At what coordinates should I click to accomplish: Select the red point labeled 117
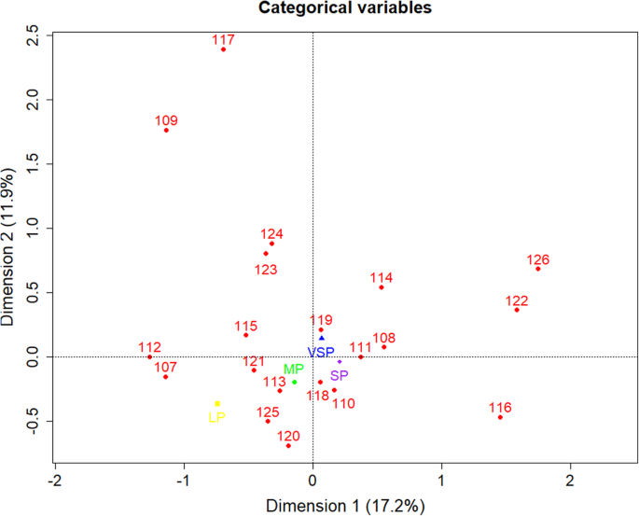pyautogui.click(x=223, y=49)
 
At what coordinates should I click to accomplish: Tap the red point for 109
pyautogui.click(x=166, y=130)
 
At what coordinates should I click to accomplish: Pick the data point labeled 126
pyautogui.click(x=538, y=269)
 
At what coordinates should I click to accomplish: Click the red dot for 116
pyautogui.click(x=500, y=417)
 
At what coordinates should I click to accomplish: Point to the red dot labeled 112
pyautogui.click(x=149, y=356)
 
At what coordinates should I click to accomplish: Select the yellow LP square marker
pyautogui.click(x=217, y=403)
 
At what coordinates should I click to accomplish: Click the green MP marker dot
pyautogui.click(x=294, y=382)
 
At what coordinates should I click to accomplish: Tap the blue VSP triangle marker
pyautogui.click(x=322, y=338)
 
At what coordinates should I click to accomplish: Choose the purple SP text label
pyautogui.click(x=340, y=375)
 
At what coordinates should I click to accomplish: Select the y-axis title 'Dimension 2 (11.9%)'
pyautogui.click(x=10, y=247)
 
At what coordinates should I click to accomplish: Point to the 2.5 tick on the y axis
pyautogui.click(x=34, y=35)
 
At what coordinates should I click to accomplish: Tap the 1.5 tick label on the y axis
pyautogui.click(x=34, y=164)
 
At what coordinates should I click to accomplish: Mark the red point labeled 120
pyautogui.click(x=288, y=446)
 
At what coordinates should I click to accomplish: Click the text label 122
pyautogui.click(x=517, y=301)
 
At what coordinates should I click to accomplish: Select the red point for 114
pyautogui.click(x=382, y=287)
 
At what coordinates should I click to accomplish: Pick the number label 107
pyautogui.click(x=165, y=367)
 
